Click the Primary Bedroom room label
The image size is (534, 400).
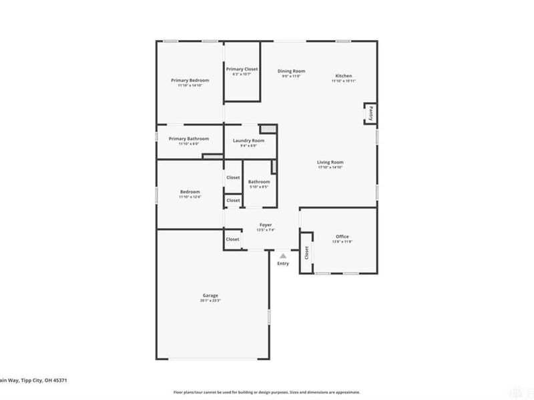point(189,80)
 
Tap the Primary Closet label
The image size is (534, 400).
point(242,69)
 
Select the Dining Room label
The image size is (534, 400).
point(291,71)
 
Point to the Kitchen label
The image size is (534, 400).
point(343,76)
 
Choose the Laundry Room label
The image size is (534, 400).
point(248,141)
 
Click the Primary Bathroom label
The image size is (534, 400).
point(189,139)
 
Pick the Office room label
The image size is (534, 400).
point(342,237)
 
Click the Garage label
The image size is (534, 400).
point(210,295)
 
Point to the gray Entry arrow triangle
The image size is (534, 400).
point(283,255)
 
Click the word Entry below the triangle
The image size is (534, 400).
point(283,264)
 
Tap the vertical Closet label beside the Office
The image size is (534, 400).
point(306,253)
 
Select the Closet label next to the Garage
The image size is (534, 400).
point(232,239)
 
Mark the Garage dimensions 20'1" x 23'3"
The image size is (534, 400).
point(210,301)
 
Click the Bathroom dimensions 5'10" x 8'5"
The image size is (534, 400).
point(259,187)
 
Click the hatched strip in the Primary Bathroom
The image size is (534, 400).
point(212,157)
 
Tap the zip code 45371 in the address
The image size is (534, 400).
point(59,380)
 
